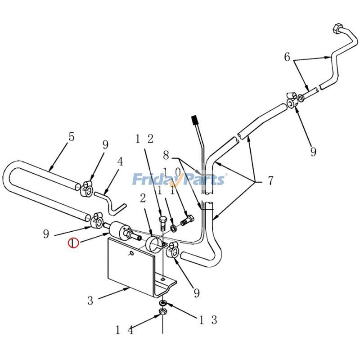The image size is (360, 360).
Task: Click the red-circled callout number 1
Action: [73, 243]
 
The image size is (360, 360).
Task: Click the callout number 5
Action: [71, 137]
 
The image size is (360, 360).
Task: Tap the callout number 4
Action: [120, 162]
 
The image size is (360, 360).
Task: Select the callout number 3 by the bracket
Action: [90, 301]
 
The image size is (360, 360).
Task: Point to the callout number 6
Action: [287, 57]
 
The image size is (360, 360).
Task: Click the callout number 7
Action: [270, 181]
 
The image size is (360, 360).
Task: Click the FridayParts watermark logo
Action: [179, 180]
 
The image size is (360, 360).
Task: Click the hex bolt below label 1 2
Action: [163, 222]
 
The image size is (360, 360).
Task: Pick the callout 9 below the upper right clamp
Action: [313, 152]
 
